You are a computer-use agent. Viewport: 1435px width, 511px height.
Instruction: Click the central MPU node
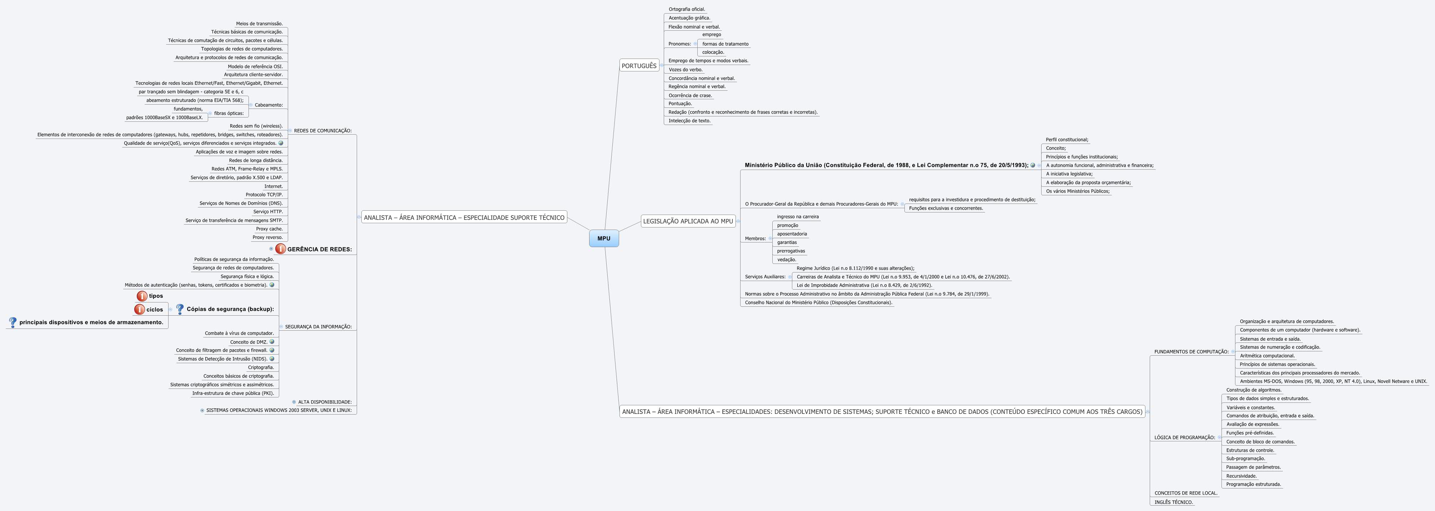tap(604, 239)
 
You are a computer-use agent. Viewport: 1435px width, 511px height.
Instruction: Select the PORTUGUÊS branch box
tap(639, 66)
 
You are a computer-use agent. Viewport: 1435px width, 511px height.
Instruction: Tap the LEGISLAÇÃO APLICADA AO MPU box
tap(688, 221)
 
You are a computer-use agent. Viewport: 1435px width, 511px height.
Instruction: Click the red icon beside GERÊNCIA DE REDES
tap(281, 249)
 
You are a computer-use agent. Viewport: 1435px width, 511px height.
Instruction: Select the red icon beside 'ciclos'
tap(139, 309)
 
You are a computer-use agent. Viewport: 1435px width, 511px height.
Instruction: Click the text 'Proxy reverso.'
tap(267, 237)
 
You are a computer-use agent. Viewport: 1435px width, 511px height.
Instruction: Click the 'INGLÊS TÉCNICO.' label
tap(1173, 502)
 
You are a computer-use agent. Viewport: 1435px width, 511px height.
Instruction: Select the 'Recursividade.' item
tap(1241, 476)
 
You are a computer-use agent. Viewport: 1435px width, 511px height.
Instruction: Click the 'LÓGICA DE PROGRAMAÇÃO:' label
tap(1184, 437)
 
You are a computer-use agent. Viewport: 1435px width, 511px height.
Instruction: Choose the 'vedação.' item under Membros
tap(787, 260)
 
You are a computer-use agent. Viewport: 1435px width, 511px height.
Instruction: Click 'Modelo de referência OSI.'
tap(255, 66)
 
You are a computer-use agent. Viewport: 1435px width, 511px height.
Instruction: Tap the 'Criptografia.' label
tap(261, 367)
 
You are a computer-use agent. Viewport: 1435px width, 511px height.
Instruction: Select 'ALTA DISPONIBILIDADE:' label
tap(324, 402)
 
